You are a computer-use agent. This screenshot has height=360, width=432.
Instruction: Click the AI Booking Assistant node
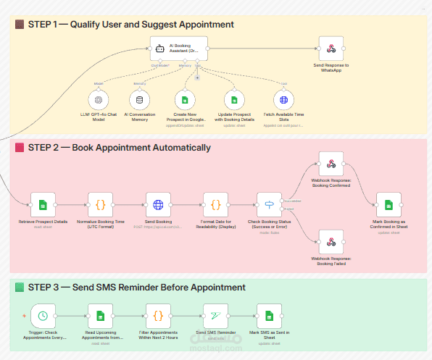[x=178, y=49]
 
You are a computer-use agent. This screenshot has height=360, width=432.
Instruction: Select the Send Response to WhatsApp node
[x=331, y=49]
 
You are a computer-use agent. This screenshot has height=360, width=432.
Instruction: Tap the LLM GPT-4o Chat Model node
[x=97, y=100]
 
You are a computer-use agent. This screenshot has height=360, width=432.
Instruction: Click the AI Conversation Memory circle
[x=140, y=100]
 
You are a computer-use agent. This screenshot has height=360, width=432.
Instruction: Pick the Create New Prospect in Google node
[x=185, y=100]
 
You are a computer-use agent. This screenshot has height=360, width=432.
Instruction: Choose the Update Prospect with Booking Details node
[x=234, y=100]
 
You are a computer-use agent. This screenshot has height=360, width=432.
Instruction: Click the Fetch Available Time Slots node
[x=284, y=100]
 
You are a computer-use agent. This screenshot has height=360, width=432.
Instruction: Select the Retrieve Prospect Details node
[x=42, y=205]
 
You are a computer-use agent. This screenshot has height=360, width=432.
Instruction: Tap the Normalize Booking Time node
[x=101, y=205]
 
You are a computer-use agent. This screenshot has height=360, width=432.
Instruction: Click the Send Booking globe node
[x=158, y=205]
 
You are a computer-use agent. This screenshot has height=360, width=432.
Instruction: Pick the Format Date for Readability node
[x=216, y=205]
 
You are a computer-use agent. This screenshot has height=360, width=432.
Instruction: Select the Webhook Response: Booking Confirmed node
[x=331, y=164]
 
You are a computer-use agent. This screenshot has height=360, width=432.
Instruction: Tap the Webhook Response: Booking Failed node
[x=331, y=241]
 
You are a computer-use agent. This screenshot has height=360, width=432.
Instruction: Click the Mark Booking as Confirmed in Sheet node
[x=389, y=205]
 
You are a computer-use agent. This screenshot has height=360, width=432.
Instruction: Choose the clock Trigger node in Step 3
[x=44, y=316]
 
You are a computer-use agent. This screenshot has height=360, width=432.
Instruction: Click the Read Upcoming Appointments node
[x=101, y=316]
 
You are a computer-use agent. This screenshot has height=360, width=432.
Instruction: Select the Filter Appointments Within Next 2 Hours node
[x=158, y=316]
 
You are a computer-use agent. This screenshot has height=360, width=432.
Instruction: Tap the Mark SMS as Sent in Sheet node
[x=269, y=316]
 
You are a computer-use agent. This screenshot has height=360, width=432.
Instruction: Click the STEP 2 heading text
[x=120, y=148]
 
